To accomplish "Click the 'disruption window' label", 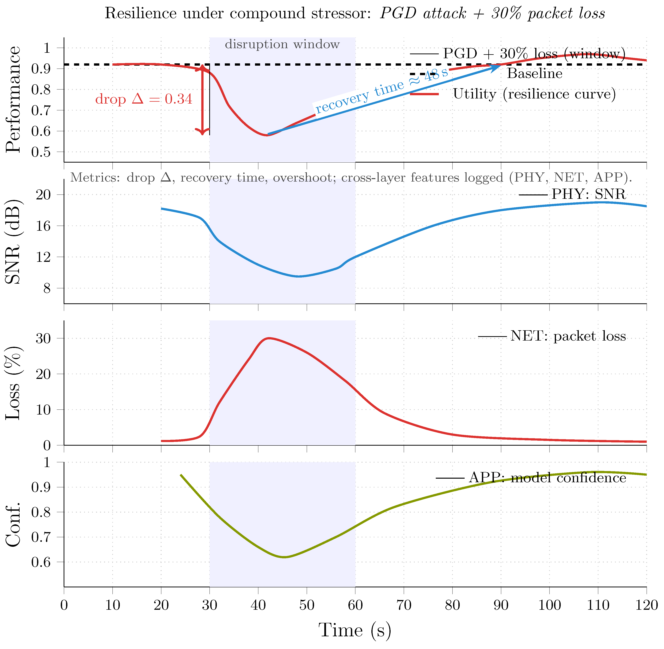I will click(282, 44).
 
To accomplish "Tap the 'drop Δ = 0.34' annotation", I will click(144, 99).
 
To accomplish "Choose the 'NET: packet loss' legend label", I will click(568, 336).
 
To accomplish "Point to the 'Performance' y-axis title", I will click(14, 100).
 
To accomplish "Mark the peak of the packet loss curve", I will click(269, 338).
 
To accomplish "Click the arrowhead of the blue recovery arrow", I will click(497, 66).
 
